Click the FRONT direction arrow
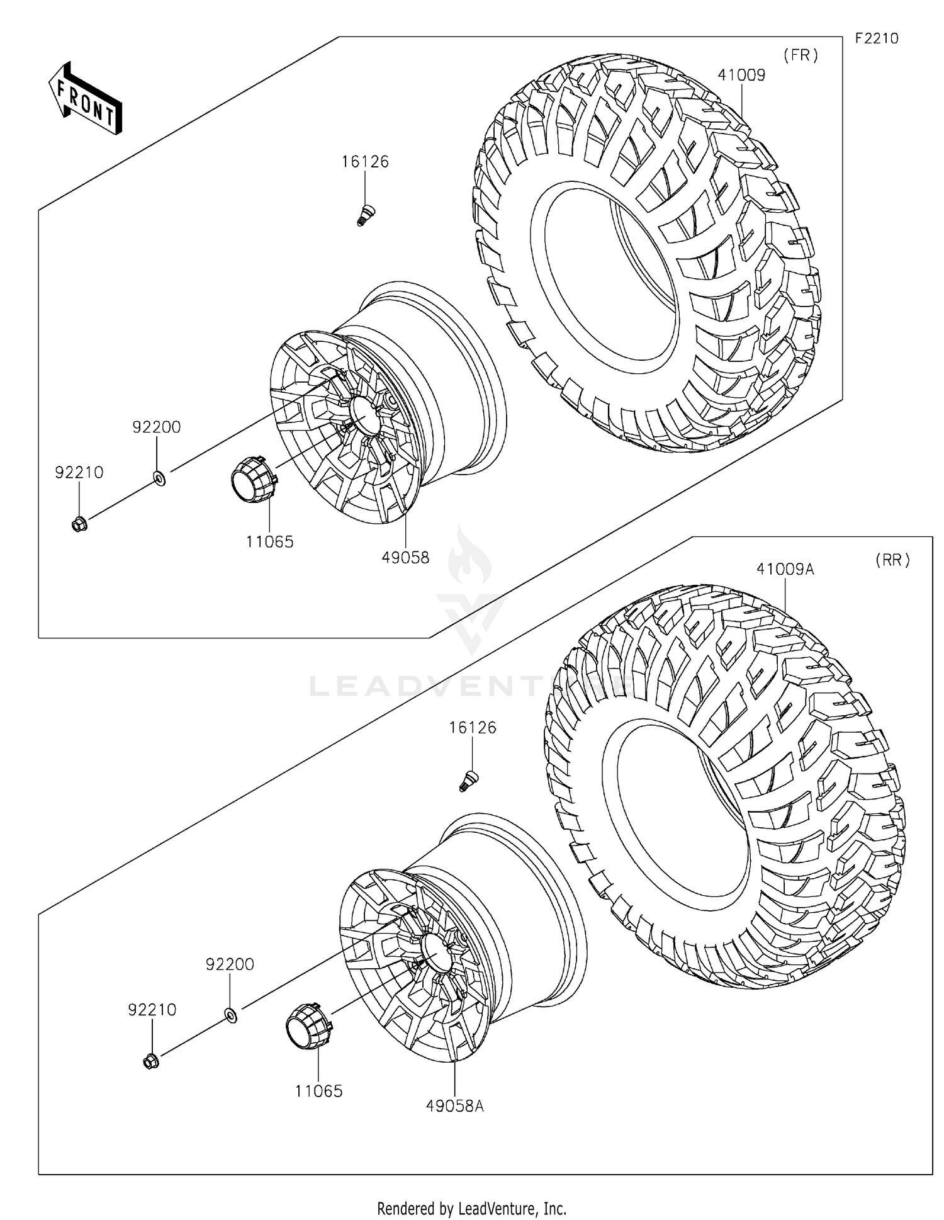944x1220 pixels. (86, 99)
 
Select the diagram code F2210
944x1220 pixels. (876, 38)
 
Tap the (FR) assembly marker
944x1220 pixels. (801, 55)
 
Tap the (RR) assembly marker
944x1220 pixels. (892, 560)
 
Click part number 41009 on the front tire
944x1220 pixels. (741, 75)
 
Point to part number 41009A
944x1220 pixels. (785, 569)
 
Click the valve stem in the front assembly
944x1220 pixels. (362, 214)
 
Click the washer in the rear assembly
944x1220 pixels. (231, 1015)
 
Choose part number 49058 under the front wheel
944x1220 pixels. (405, 557)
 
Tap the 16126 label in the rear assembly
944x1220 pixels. (473, 728)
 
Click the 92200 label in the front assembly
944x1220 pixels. (156, 427)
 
